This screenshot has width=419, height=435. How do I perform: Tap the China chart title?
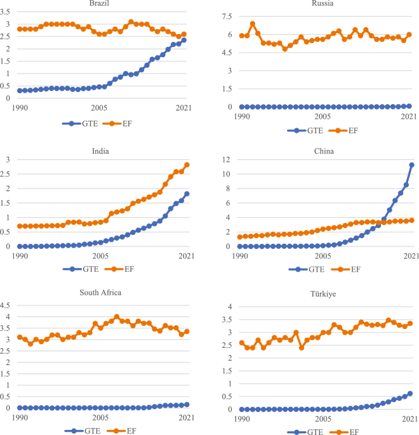(x=323, y=151)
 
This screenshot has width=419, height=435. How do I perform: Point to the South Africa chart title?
(x=100, y=293)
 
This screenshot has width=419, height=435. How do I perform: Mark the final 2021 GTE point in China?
(x=411, y=165)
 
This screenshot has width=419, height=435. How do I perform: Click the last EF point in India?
(x=187, y=165)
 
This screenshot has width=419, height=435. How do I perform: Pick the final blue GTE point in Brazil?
(x=184, y=40)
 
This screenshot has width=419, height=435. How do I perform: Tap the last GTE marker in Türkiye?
(x=410, y=394)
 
